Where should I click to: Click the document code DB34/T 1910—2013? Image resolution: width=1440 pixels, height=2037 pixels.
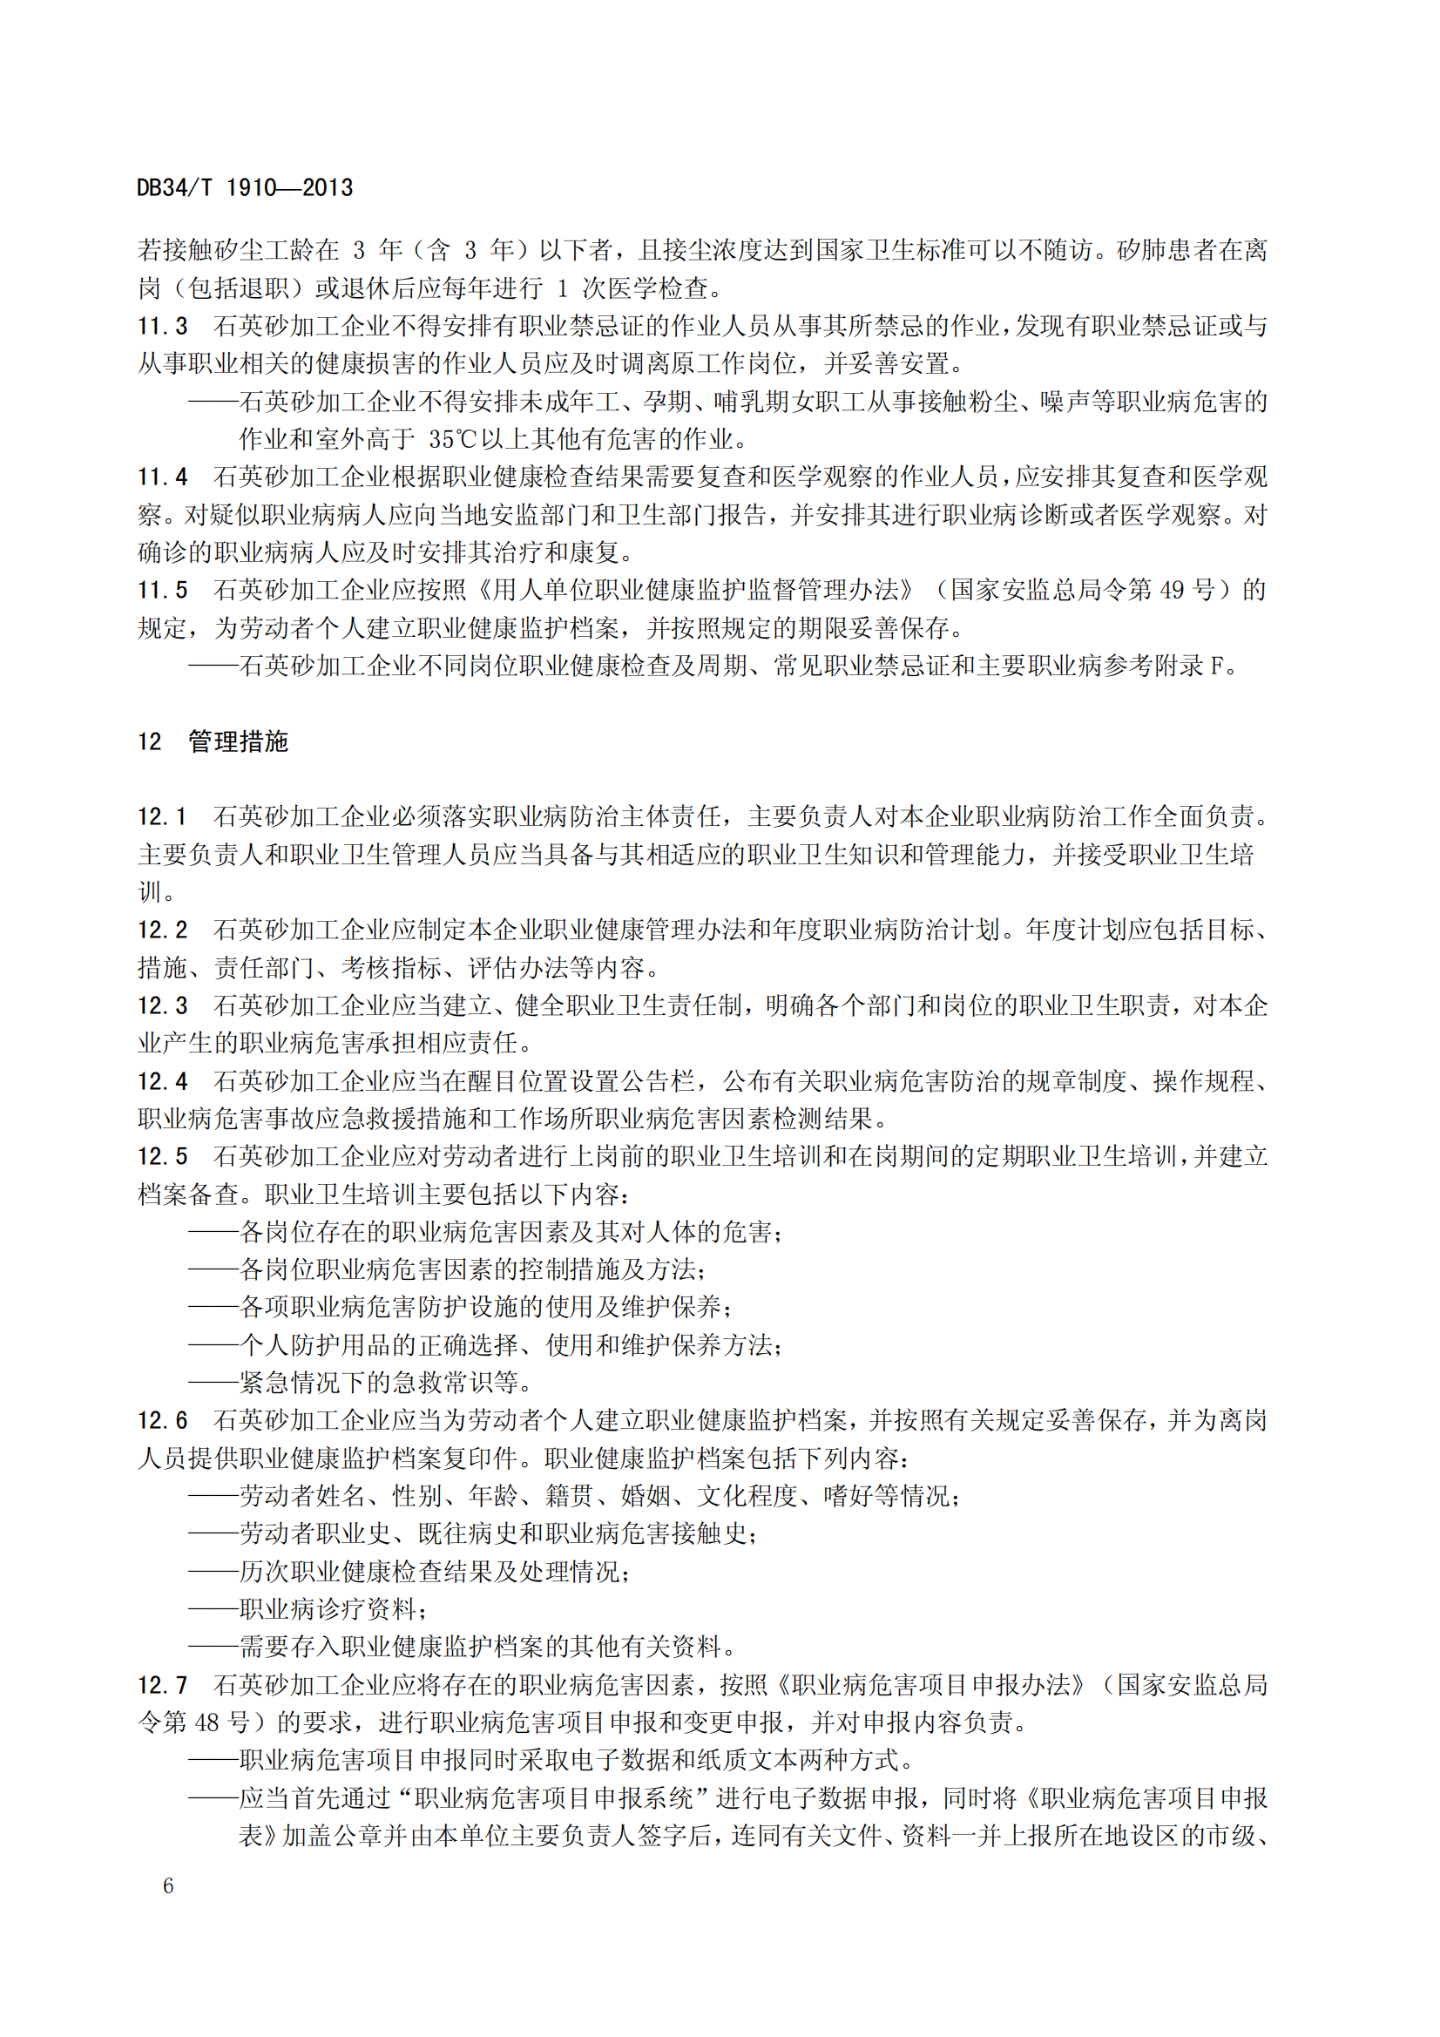(244, 188)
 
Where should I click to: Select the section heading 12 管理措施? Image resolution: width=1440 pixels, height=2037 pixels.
(213, 741)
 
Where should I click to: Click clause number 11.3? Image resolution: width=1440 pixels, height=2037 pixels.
(162, 327)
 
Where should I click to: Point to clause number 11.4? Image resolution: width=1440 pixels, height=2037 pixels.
(162, 477)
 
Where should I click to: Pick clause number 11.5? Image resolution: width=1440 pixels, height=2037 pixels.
(162, 590)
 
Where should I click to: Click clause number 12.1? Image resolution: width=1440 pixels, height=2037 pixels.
(162, 816)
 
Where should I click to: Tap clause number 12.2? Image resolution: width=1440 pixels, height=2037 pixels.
(162, 930)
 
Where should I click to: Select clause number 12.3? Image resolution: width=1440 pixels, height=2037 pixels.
(162, 1005)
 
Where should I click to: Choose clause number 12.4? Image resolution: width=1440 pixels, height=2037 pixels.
(162, 1081)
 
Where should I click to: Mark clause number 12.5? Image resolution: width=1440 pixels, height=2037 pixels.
(162, 1156)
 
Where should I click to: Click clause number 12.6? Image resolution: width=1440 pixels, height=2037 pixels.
(162, 1420)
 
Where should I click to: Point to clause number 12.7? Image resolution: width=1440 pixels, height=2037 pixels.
(162, 1685)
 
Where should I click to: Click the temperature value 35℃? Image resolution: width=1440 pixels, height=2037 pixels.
(452, 440)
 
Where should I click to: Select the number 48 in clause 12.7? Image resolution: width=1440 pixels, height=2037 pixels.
(206, 1723)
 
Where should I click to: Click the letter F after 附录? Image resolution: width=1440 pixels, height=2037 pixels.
(1216, 667)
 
